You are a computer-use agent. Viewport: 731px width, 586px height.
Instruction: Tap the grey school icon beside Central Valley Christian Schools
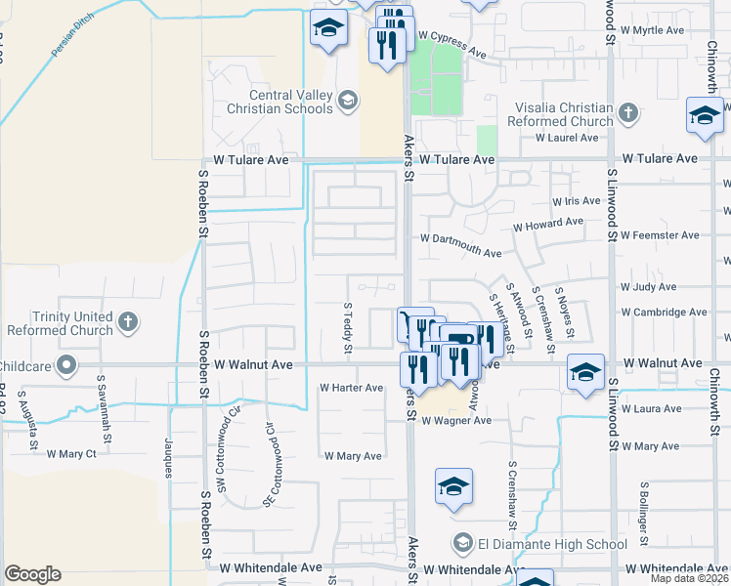[x=347, y=101]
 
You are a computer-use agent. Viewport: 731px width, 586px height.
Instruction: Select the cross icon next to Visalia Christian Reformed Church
[x=628, y=115]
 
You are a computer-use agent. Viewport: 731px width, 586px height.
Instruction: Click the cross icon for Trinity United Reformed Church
[x=128, y=322]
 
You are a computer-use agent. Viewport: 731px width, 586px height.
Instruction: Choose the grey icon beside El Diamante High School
[x=462, y=543]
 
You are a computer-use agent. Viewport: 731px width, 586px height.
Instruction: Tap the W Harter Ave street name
[x=352, y=388]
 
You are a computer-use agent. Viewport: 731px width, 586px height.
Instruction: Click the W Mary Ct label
[x=64, y=453]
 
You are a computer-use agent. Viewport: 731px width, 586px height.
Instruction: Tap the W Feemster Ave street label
[x=661, y=235]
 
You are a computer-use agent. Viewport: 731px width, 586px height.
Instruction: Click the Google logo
[x=32, y=573]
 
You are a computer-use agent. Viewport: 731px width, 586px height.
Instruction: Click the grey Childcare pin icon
[x=66, y=366]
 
